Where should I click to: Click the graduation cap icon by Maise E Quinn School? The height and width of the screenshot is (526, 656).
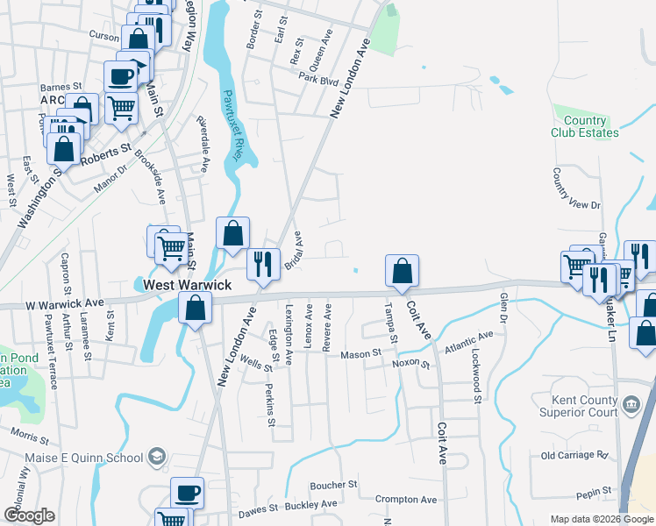[x=156, y=457]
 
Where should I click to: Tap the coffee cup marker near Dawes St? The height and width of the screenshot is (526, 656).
[x=186, y=493]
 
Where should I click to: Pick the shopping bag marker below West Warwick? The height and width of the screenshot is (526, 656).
[x=195, y=308]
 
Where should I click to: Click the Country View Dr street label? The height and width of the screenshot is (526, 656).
[x=576, y=192]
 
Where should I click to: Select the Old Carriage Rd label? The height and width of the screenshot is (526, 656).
[x=574, y=455]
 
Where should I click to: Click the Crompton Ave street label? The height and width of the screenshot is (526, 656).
[x=405, y=500]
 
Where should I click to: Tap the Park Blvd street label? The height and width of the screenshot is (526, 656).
[x=317, y=79]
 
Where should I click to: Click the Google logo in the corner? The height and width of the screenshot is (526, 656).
[x=28, y=515]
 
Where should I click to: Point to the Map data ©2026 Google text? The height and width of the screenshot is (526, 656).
[x=603, y=519]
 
